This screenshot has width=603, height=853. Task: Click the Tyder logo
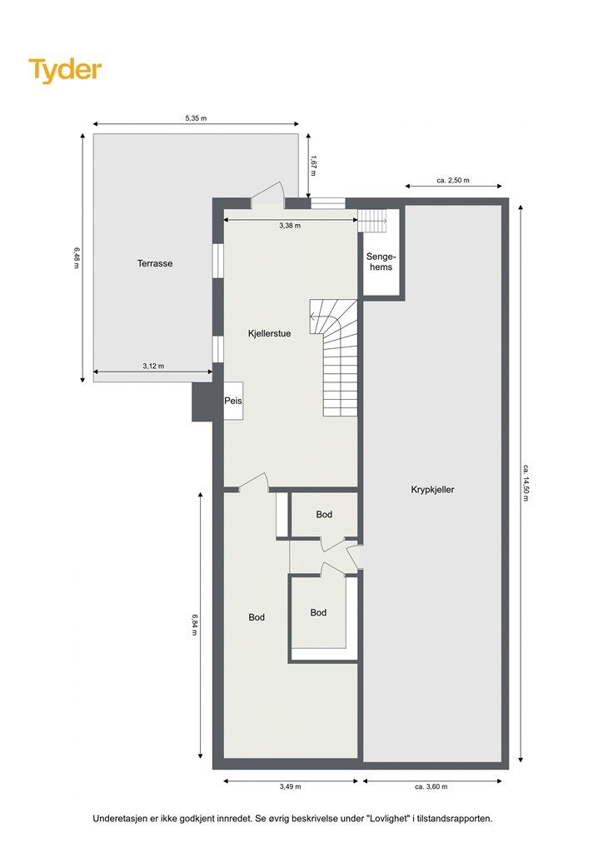point(65,70)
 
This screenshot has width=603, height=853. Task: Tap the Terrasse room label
point(155,263)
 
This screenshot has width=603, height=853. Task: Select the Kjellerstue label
point(269,333)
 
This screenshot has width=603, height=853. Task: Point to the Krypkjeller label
point(432,489)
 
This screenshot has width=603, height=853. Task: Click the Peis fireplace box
point(233,401)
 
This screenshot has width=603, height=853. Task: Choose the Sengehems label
point(381,262)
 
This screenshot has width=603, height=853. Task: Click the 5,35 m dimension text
point(196,117)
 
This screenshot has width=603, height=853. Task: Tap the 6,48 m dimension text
point(77,258)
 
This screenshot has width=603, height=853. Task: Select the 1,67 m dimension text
point(313,166)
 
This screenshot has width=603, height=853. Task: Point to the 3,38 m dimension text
point(290,225)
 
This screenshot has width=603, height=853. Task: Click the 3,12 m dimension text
point(153,367)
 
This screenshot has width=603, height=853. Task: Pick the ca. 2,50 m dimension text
point(453,181)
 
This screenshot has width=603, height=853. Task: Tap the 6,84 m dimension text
point(194,625)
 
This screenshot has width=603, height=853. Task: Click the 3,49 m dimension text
point(291,786)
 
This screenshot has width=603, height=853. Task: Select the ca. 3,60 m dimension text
point(431,786)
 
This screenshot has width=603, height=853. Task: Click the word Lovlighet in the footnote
point(387,818)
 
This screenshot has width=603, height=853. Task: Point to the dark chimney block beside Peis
point(202,402)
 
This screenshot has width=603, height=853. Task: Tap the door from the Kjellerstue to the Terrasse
point(268,196)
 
